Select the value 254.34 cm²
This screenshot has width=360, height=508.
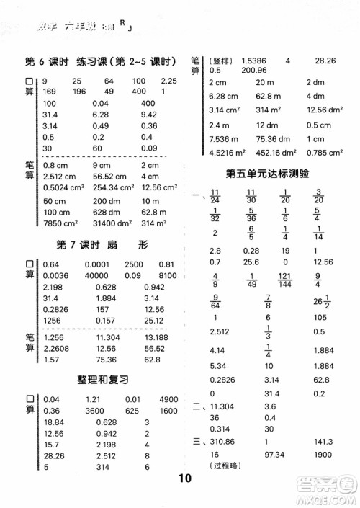pos(115,187)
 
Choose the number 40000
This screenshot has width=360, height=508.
pos(94,274)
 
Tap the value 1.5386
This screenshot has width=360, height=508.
pos(254,61)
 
